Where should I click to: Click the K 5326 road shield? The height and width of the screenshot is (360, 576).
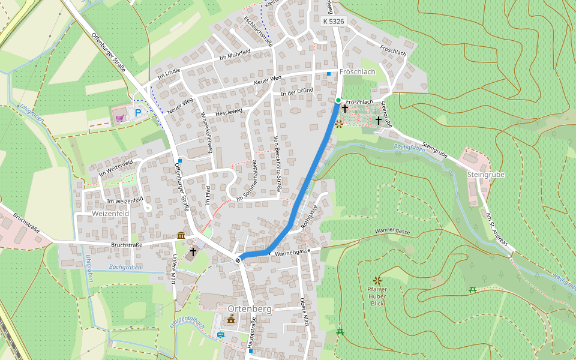click(333, 21)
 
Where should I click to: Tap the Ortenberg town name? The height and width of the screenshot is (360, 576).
click(250, 308)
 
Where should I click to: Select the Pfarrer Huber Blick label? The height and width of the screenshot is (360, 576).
click(377, 296)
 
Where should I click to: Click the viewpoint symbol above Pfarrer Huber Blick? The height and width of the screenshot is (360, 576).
click(377, 280)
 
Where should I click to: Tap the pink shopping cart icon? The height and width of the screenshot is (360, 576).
click(119, 118)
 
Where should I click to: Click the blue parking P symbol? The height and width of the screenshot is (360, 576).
click(137, 112)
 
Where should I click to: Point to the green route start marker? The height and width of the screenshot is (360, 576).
click(338, 100)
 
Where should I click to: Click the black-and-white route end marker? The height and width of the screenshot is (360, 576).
click(239, 259)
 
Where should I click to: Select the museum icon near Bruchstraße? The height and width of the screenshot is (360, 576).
click(181, 235)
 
